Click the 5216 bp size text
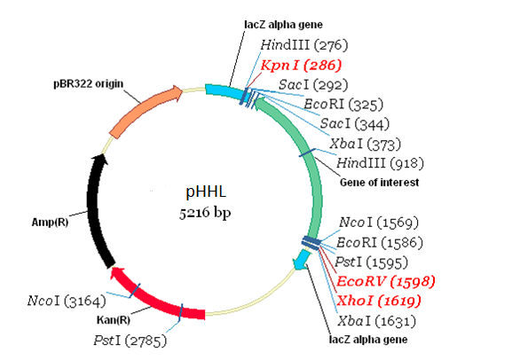pyautogui.click(x=203, y=213)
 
